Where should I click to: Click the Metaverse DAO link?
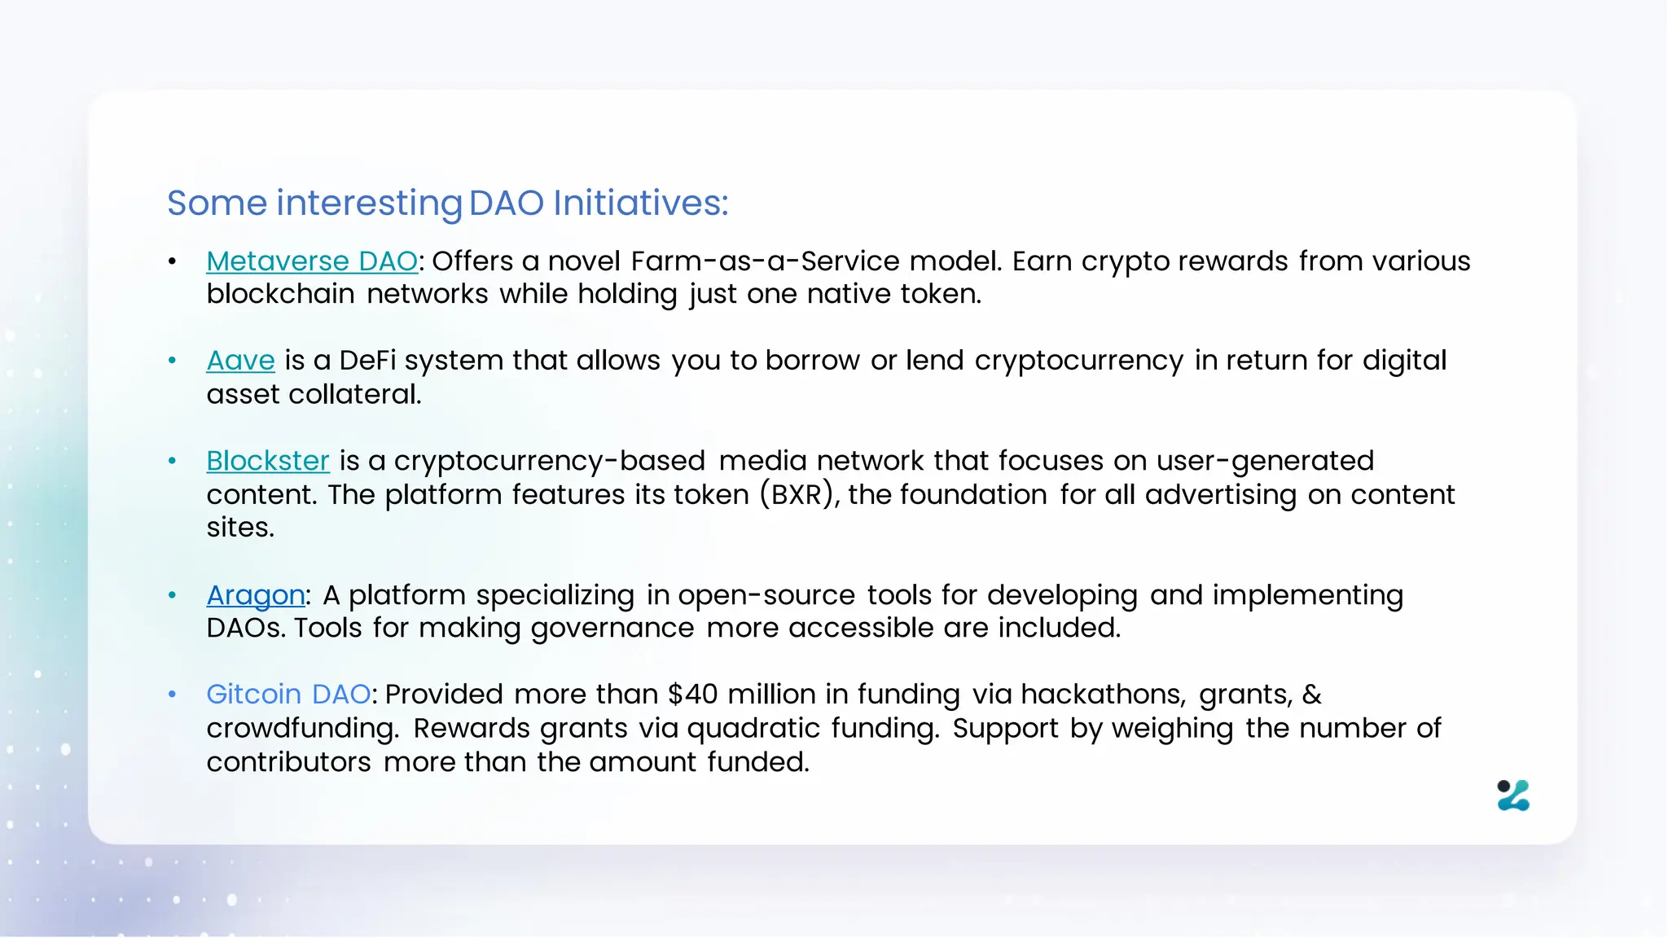click(x=312, y=261)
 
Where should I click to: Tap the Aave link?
click(x=240, y=361)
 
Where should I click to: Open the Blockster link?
click(x=268, y=461)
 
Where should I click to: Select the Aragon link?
click(x=256, y=595)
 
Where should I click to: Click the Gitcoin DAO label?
click(x=288, y=695)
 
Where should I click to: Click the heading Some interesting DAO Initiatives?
click(x=447, y=203)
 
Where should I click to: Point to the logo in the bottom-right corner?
click(x=1513, y=796)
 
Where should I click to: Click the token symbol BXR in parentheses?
click(x=796, y=495)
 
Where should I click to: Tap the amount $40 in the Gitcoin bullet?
click(x=692, y=695)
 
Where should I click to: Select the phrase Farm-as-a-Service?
click(x=765, y=261)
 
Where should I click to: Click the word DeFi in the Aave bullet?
click(x=367, y=361)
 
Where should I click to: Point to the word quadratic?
click(x=753, y=728)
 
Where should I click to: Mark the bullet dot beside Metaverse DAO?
click(x=172, y=261)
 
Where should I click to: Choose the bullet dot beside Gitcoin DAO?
click(x=172, y=695)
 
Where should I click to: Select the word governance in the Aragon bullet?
click(x=612, y=629)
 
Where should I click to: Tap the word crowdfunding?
click(x=302, y=728)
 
